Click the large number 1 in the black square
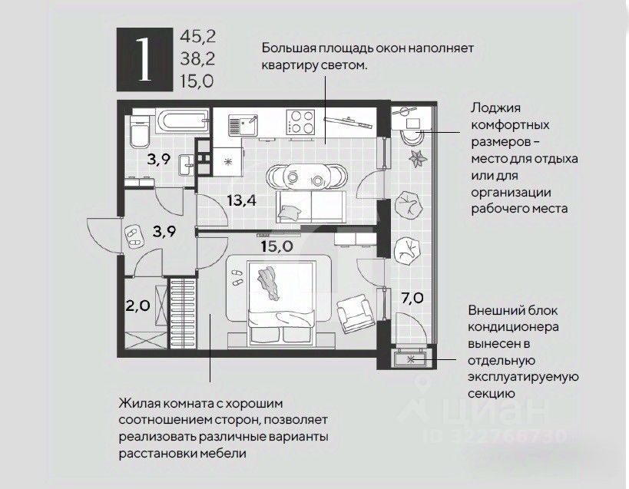141,58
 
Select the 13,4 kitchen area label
241,201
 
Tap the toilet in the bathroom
140,135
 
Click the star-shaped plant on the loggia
418,158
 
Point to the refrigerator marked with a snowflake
227,164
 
